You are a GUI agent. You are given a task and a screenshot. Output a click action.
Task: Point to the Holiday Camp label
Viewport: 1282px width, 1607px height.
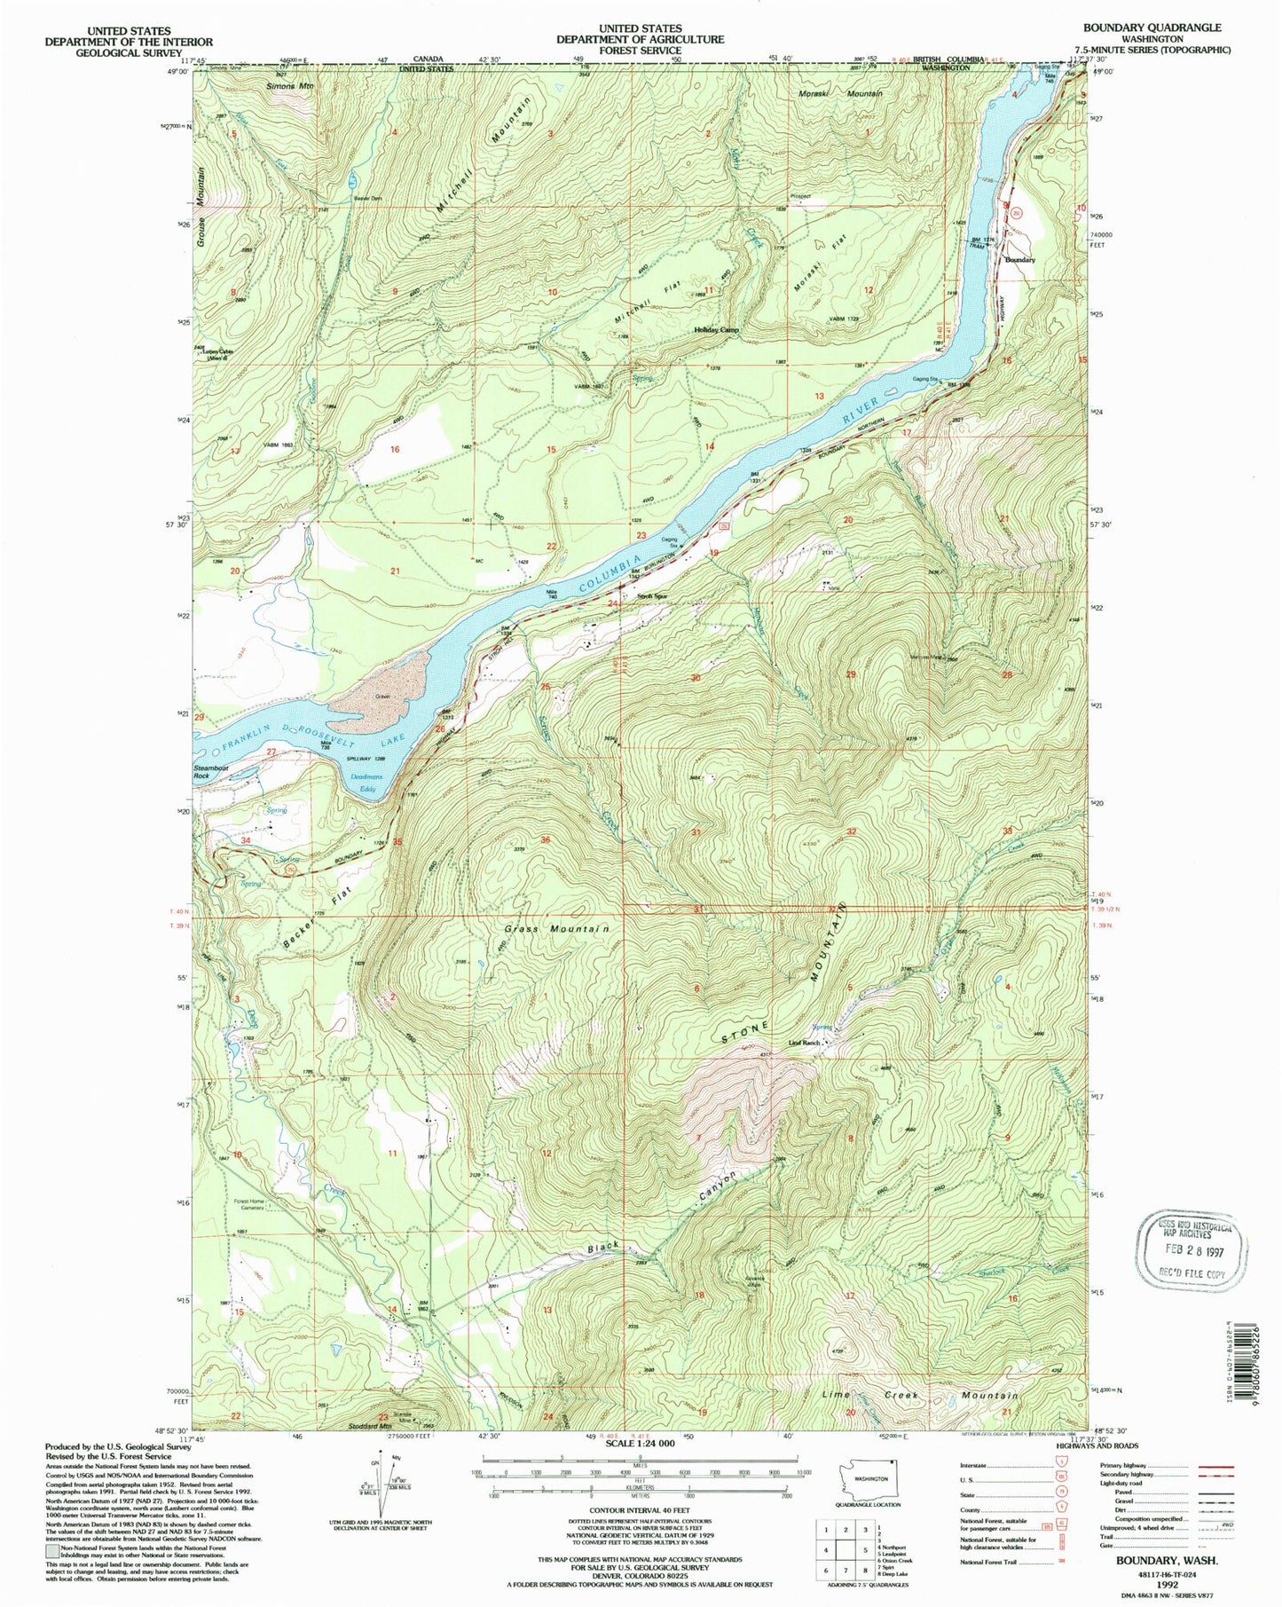[716, 329]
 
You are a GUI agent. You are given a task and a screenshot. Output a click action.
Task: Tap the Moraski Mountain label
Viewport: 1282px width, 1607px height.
[838, 93]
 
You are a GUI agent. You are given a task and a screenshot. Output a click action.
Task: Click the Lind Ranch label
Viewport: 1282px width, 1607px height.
[798, 1043]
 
